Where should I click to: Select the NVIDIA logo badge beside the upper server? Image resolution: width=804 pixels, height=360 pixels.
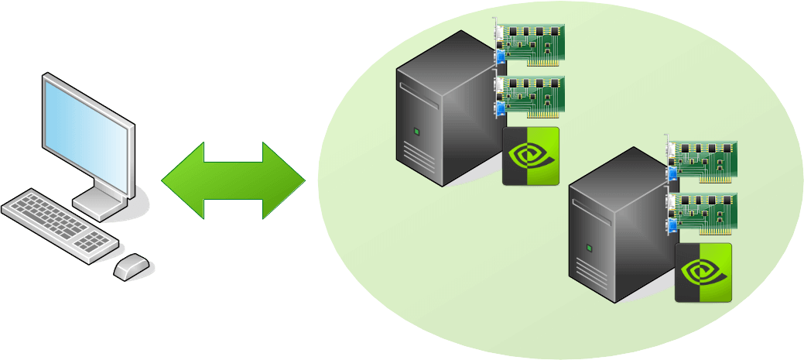[531, 156]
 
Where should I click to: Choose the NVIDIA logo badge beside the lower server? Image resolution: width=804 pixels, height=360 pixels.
[703, 273]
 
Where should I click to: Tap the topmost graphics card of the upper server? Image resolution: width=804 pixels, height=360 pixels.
[532, 42]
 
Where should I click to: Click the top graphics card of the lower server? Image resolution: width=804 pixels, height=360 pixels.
[705, 158]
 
